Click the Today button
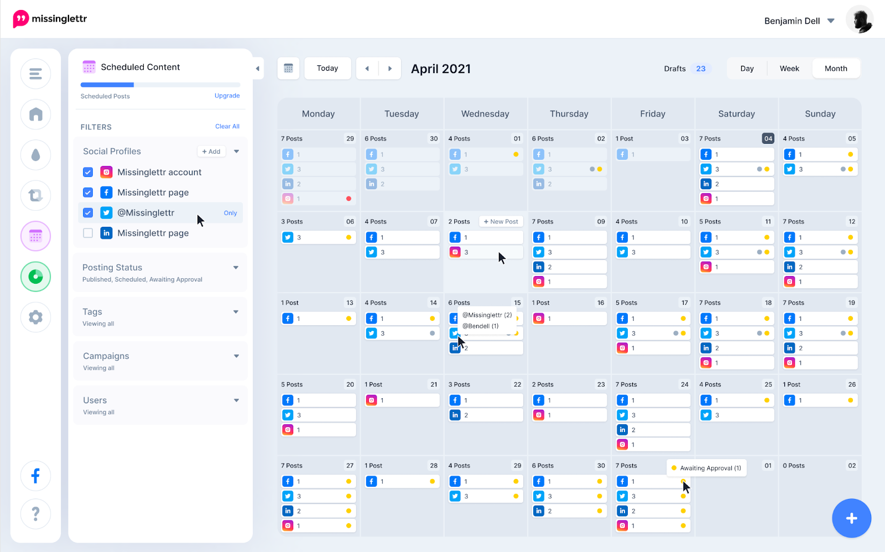(x=327, y=69)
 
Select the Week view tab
(x=789, y=69)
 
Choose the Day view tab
(x=747, y=69)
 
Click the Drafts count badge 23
(x=701, y=69)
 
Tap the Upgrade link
(x=227, y=96)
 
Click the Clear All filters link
(x=227, y=127)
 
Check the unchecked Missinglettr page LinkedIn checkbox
(x=88, y=233)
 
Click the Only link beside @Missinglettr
(x=230, y=213)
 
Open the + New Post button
(x=501, y=222)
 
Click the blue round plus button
(x=851, y=518)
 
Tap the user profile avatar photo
(x=860, y=20)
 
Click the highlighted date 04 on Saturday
(x=768, y=138)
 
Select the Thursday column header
(x=569, y=114)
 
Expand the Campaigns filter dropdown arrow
(x=236, y=356)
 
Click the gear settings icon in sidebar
(x=35, y=317)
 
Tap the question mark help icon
(x=35, y=514)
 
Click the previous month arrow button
(x=367, y=69)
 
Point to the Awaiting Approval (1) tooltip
(x=706, y=468)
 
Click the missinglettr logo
(x=50, y=19)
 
